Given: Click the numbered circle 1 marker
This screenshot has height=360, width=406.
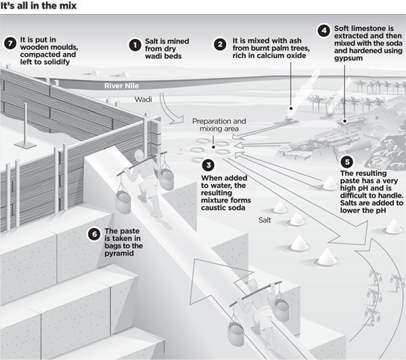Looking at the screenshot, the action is point(135,45).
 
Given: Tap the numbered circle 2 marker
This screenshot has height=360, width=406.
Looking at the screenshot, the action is point(220,44).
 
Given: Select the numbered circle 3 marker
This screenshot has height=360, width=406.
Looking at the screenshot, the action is point(208,165).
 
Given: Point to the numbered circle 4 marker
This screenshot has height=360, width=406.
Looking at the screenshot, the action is point(324,31).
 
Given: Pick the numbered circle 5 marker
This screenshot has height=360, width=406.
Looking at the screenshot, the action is point(347,162).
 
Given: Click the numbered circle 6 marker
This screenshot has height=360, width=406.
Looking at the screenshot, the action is point(94,234).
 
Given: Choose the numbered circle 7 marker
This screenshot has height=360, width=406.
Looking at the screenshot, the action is point(10,43).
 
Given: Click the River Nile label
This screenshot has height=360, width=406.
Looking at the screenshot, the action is point(121,86).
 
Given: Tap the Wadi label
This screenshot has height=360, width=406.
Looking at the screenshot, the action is point(143,99).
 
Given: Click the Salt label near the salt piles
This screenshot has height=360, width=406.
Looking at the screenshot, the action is point(265,220).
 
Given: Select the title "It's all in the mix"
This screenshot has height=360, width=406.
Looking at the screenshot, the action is point(39,5).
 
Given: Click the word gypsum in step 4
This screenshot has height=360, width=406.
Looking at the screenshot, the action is point(348,58).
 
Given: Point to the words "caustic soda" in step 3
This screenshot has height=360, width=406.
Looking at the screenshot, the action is point(223,208).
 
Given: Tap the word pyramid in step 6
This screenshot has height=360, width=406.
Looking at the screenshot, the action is point(119,253).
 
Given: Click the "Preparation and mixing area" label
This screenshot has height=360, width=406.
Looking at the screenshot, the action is point(219,125).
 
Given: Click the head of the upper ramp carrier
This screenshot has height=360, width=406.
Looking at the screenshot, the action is point(139,155).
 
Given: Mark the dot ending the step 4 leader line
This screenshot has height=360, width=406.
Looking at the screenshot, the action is point(344,121).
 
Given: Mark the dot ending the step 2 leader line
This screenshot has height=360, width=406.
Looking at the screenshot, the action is point(291,108).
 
